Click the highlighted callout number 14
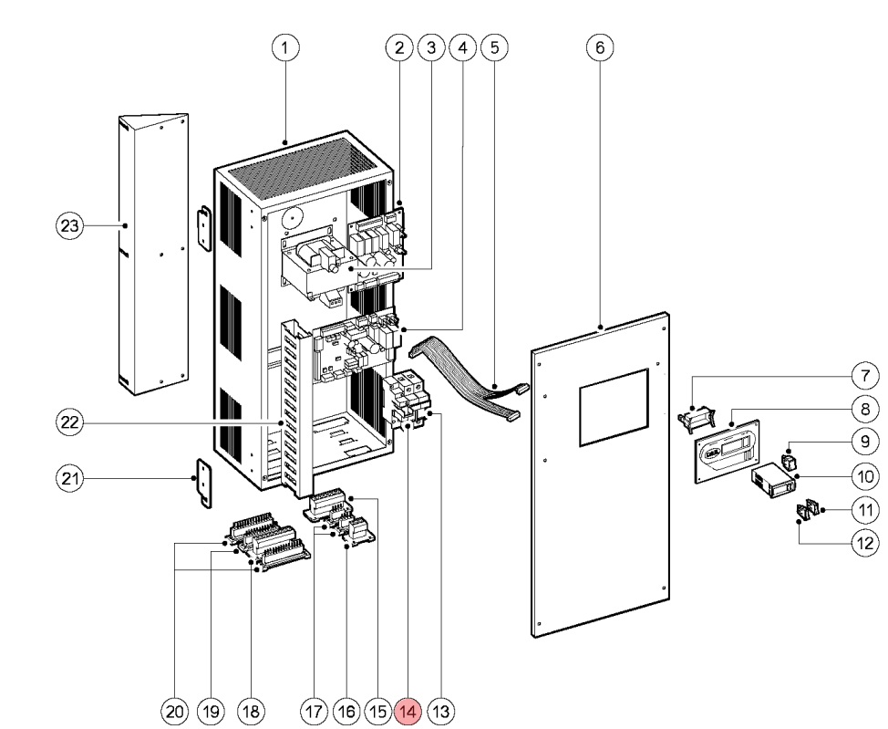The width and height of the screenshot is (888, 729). coord(408,710)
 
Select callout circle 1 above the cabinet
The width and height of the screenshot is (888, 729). coord(287,47)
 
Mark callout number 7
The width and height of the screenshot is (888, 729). coord(862,375)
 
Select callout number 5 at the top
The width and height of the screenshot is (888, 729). coord(493,47)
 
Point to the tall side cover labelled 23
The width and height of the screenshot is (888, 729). coord(153,255)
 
